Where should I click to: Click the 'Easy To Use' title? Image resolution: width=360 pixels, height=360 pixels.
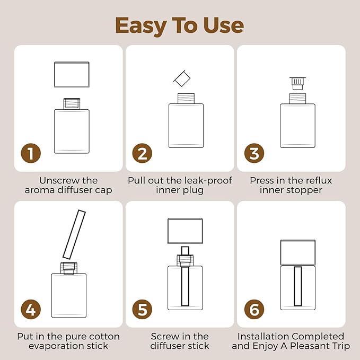pyautogui.click(x=180, y=25)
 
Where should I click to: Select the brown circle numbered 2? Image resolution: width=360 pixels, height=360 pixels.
pyautogui.click(x=142, y=154)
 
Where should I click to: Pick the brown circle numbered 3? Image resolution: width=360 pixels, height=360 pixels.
pyautogui.click(x=254, y=154)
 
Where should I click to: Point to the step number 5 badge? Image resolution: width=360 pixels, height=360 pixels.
pyautogui.click(x=142, y=309)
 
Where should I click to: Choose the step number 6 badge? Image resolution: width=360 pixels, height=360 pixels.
pyautogui.click(x=254, y=309)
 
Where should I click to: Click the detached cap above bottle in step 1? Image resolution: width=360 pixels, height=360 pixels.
pyautogui.click(x=72, y=74)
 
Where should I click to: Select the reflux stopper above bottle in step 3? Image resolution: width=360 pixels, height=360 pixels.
pyautogui.click(x=297, y=83)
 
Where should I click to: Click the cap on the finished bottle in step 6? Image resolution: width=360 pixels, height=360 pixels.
pyautogui.click(x=297, y=251)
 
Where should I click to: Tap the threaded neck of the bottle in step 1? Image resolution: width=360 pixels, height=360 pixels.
pyautogui.click(x=71, y=103)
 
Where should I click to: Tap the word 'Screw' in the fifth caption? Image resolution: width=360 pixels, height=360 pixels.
pyautogui.click(x=165, y=336)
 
